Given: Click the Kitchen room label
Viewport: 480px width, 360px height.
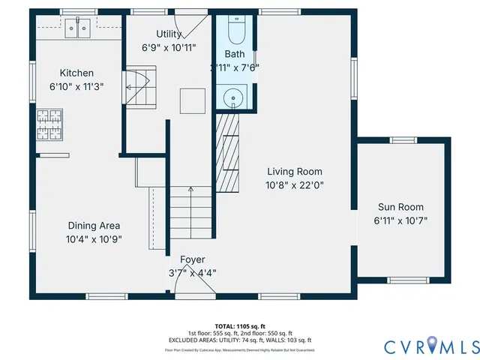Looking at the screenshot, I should click(x=76, y=73).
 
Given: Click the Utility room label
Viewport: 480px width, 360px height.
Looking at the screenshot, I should click(x=168, y=34).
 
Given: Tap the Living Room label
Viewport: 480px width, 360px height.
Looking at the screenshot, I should click(x=294, y=172).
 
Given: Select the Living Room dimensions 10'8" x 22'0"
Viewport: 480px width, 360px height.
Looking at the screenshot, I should click(x=294, y=184).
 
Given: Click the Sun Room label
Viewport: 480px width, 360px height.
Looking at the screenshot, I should click(x=400, y=207).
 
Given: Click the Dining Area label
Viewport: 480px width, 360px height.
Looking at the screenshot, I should click(x=94, y=226).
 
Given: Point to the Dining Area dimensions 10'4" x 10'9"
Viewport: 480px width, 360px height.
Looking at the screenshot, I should click(x=94, y=239).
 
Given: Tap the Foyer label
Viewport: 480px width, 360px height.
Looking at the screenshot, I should click(x=192, y=259).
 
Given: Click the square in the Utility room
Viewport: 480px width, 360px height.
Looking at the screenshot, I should click(x=192, y=100).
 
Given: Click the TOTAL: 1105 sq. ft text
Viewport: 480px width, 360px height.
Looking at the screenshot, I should click(x=239, y=327).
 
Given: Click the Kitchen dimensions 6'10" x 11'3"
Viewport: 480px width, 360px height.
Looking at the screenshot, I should click(x=76, y=86).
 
